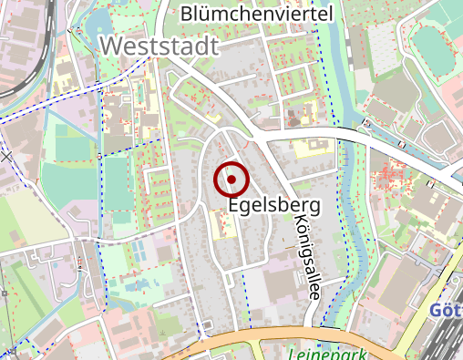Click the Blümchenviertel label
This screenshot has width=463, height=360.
coord(257,14)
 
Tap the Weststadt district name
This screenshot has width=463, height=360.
coord(159,46)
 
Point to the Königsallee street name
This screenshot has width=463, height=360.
coord(308,259)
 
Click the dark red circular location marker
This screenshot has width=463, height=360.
coord(231,180)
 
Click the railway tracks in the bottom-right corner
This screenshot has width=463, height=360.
coord(447,342)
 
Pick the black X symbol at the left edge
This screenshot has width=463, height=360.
coord(7,157)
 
